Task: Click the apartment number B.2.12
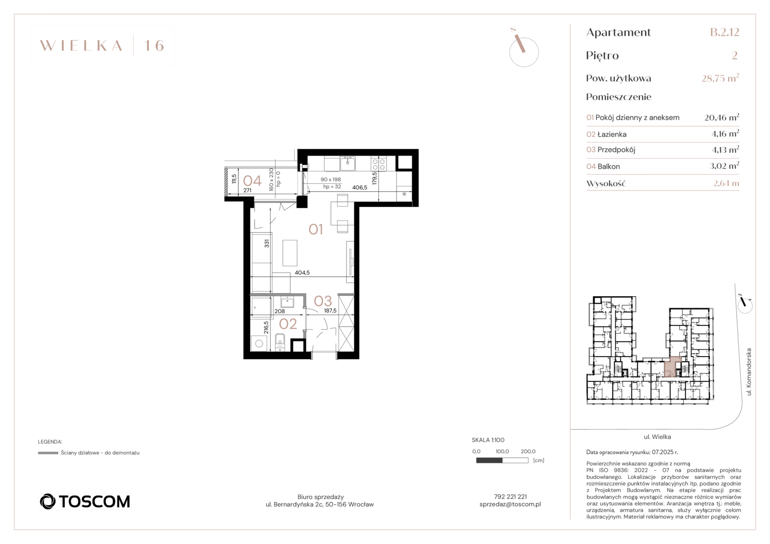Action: (x=725, y=32)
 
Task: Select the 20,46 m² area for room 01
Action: (x=722, y=117)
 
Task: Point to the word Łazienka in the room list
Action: (x=612, y=134)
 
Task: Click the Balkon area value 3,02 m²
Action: (x=724, y=166)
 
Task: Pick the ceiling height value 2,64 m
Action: (x=726, y=183)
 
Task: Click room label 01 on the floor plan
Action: (x=315, y=229)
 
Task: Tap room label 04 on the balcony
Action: (x=252, y=180)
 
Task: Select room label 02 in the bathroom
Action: (x=288, y=324)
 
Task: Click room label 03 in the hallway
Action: (x=323, y=301)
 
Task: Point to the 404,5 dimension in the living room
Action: (x=302, y=273)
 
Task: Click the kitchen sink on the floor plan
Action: (x=348, y=164)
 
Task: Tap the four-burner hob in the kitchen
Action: (x=379, y=164)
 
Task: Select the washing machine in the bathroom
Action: (x=259, y=343)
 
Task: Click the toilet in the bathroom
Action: (x=280, y=342)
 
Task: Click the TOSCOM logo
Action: (x=85, y=501)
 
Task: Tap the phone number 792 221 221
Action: (x=510, y=497)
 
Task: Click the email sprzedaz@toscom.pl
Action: (x=510, y=504)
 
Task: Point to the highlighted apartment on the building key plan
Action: (x=672, y=367)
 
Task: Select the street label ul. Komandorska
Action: (x=749, y=372)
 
